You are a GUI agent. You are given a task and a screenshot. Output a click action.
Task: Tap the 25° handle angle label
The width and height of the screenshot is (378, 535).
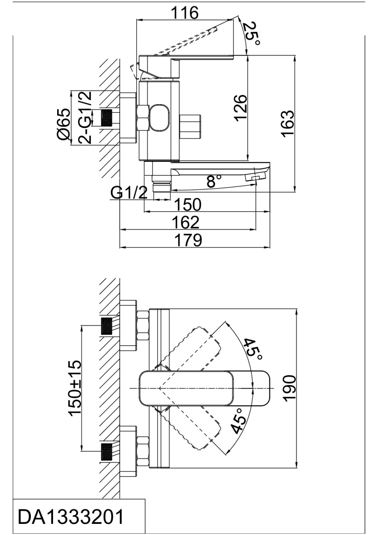click(250, 34)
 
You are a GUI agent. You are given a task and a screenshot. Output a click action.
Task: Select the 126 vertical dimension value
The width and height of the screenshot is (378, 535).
click(241, 108)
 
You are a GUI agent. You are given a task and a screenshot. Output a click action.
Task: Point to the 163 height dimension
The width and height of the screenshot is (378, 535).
click(288, 123)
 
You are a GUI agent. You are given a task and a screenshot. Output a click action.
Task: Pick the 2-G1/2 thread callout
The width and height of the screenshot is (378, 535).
click(85, 117)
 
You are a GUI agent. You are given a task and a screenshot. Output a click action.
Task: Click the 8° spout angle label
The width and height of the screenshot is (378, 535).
click(214, 181)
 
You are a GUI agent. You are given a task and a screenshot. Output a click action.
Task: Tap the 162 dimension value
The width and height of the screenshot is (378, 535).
click(186, 222)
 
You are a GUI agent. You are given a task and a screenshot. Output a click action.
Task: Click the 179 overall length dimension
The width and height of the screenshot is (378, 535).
click(189, 240)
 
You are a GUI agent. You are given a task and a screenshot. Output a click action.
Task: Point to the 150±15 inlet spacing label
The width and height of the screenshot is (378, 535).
click(75, 388)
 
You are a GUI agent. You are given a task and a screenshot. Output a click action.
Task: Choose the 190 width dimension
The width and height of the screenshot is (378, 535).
click(289, 387)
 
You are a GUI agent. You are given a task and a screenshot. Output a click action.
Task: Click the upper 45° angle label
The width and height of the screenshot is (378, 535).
click(252, 349)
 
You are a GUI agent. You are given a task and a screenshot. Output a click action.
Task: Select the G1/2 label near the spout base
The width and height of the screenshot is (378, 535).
click(129, 192)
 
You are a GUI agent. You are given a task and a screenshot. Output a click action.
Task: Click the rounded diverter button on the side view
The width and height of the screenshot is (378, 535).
click(160, 117)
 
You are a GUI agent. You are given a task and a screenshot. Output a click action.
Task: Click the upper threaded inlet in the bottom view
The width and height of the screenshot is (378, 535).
click(107, 326)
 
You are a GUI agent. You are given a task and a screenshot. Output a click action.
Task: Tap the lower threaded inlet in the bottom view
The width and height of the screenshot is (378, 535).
click(107, 452)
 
